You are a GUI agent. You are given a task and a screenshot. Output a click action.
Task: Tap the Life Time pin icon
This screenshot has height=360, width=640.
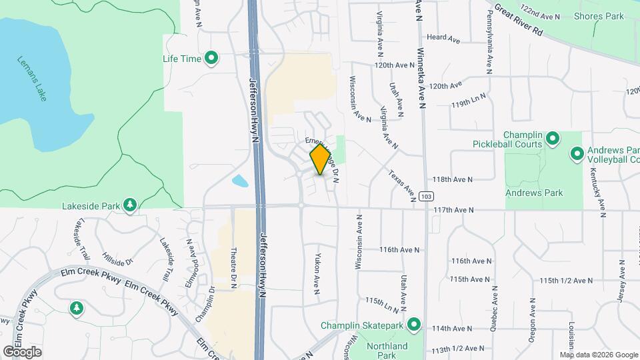pos(211,59)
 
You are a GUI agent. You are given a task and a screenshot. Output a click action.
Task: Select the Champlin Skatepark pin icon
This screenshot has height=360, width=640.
pos(413,325)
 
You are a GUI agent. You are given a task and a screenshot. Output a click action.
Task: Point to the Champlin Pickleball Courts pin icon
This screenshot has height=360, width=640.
pos(552,139)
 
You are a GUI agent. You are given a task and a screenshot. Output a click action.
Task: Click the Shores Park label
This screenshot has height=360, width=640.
pos(598,16)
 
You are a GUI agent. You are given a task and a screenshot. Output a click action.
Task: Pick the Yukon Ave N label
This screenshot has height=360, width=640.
pos(317,273)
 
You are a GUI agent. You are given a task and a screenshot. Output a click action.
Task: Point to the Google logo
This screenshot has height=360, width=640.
pos(22,351)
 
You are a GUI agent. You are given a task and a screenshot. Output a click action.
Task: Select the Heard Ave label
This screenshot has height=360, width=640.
pos(444,39)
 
